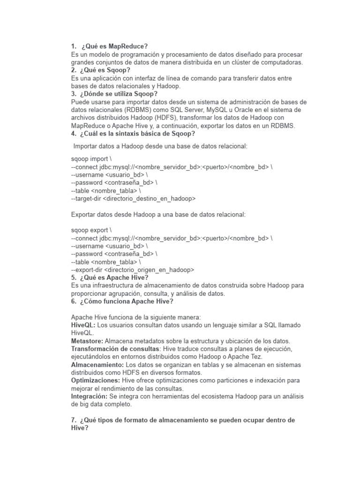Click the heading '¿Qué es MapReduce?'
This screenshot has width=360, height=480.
pos(114,46)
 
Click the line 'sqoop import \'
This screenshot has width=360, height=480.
pos(91,158)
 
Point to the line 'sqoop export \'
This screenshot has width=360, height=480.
pos(91,230)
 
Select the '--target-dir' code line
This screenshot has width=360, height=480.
pos(133,198)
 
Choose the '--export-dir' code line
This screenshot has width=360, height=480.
pos(132,270)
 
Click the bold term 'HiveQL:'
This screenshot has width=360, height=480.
pos(83,325)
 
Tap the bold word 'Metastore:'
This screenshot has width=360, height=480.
pos(87,341)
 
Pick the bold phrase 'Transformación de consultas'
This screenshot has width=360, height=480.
pos(114,349)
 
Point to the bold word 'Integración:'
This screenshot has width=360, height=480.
pos(90,396)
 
